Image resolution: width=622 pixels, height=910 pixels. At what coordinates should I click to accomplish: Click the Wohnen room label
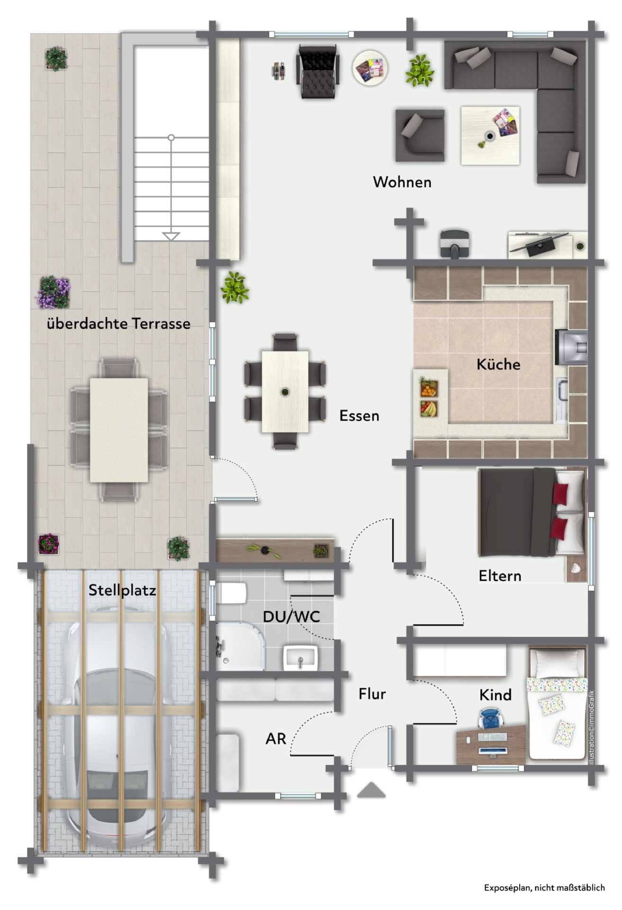click(x=402, y=182)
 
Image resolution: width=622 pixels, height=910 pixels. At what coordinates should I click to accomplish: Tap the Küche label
click(x=498, y=364)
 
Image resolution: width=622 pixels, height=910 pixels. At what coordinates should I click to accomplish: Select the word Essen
click(x=359, y=416)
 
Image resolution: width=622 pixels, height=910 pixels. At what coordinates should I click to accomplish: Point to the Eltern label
click(x=500, y=576)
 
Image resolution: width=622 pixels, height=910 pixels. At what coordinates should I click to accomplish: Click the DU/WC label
click(x=292, y=616)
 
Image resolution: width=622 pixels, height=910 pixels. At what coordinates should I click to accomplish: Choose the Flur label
click(x=372, y=694)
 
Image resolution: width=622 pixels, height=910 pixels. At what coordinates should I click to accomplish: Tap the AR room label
click(x=276, y=739)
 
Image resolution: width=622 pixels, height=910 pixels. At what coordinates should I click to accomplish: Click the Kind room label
click(x=495, y=695)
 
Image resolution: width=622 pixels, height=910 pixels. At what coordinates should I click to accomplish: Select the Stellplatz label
click(x=122, y=590)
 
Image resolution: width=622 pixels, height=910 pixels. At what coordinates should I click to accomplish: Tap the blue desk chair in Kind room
click(x=491, y=719)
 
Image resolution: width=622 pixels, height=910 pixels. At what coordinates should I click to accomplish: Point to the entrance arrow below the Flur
click(x=371, y=790)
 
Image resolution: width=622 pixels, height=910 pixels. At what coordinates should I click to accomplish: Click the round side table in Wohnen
click(x=370, y=68)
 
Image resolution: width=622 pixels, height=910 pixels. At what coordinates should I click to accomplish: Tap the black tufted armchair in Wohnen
click(x=318, y=72)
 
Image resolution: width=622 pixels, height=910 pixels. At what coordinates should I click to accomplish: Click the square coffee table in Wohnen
click(x=490, y=136)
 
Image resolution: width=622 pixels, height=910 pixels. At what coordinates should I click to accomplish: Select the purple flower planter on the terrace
click(x=54, y=292)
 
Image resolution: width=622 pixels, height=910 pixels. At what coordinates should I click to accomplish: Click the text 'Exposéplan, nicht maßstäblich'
click(x=544, y=888)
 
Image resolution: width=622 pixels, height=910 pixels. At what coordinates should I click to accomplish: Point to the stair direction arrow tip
click(x=171, y=240)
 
